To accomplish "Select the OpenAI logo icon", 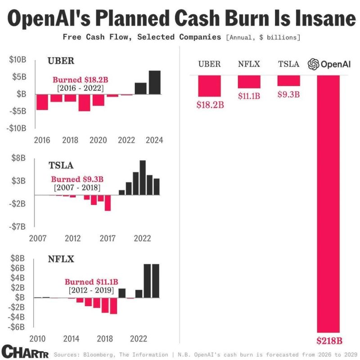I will click(314, 64).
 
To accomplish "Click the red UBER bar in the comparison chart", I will click(210, 86).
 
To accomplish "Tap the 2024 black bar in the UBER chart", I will click(154, 82).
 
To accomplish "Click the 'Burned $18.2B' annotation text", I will click(79, 80).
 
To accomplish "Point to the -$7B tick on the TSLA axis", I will click(17, 227).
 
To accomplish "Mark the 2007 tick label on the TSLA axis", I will click(38, 238).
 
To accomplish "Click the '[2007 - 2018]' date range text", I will click(77, 187).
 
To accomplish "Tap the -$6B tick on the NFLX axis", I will click(17, 327).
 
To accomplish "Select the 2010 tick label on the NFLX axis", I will click(38, 338).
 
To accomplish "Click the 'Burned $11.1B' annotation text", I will click(91, 282).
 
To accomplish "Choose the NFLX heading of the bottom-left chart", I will click(61, 259).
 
